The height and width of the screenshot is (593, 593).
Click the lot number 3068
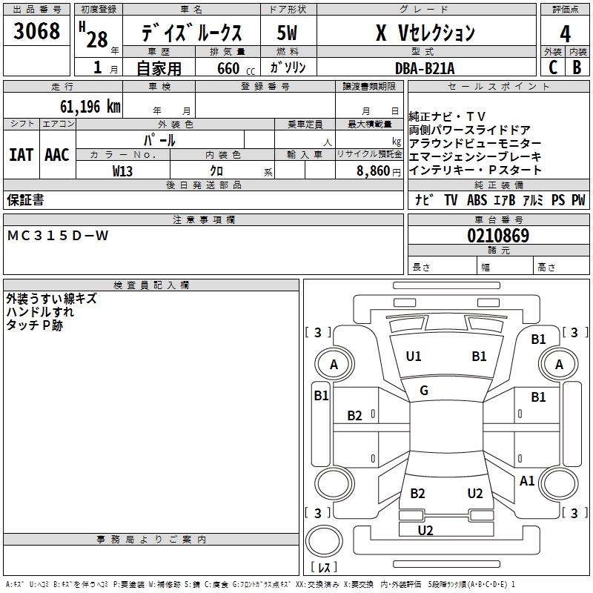37,32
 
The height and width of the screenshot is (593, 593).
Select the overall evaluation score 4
565,33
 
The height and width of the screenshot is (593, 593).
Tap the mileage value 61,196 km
85,107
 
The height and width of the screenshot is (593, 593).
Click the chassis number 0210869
497,236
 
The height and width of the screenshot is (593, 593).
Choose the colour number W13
123,170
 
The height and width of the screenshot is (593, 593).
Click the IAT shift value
21,155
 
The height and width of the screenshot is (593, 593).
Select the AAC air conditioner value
57,155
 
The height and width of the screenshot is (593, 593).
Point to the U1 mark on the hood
414,357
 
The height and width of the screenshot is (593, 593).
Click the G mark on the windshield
424,391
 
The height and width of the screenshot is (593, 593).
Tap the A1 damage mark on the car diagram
527,481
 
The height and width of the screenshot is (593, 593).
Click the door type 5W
287,33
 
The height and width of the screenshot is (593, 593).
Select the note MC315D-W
58,236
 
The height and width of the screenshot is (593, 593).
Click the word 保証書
25,199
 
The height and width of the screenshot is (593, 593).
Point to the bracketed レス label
323,567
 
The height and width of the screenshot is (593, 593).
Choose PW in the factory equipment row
578,200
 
